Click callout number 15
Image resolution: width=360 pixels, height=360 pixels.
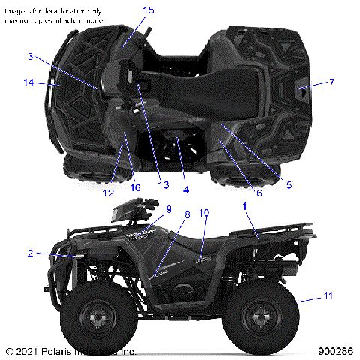148,10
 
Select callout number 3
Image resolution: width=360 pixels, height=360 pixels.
30,56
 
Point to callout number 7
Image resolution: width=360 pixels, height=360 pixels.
331,81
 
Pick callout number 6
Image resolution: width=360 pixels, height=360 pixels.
259,193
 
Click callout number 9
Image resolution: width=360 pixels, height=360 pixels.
168,209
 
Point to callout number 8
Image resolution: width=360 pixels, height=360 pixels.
187,214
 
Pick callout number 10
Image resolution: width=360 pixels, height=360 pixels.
204,213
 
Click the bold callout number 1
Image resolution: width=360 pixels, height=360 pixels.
244,204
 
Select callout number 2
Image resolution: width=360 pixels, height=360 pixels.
30,253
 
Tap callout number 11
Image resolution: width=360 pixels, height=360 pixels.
327,298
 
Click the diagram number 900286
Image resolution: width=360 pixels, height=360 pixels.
335,350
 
